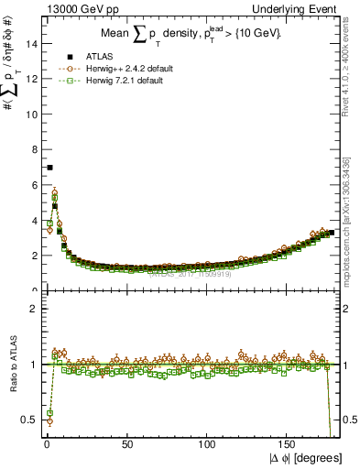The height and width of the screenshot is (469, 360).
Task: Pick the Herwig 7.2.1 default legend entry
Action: click(x=111, y=81)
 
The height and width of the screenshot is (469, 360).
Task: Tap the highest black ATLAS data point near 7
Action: click(x=49, y=168)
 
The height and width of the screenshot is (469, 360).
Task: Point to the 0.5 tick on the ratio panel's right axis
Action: click(x=349, y=420)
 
